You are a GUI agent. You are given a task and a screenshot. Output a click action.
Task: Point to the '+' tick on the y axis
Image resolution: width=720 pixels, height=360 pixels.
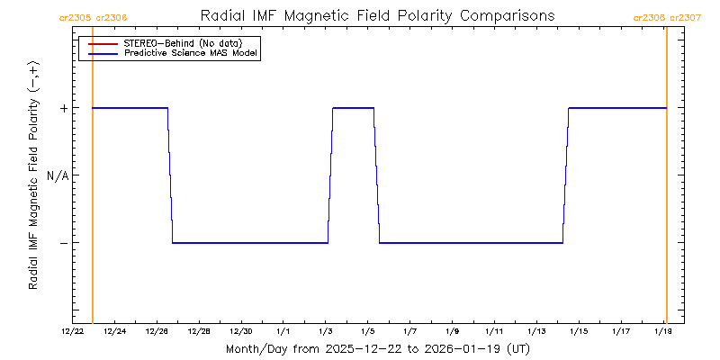click(63, 108)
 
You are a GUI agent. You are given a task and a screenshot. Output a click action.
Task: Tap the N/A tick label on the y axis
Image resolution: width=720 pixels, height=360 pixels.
click(58, 175)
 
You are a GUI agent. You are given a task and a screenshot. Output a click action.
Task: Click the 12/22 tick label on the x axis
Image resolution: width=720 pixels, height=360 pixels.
click(73, 331)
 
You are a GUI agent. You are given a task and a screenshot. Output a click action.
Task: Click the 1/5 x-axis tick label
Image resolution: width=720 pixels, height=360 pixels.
click(367, 331)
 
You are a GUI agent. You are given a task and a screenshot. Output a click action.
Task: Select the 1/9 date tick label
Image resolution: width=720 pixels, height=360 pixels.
click(452, 331)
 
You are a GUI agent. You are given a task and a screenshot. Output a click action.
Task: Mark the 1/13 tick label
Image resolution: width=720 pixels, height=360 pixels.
click(535, 331)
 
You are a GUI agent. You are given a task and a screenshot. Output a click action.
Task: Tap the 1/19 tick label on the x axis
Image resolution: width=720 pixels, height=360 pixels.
click(662, 331)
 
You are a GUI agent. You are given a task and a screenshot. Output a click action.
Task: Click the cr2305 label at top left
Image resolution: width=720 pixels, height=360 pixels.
click(74, 17)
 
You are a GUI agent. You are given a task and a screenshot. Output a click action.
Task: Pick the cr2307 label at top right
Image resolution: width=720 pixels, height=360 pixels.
click(685, 17)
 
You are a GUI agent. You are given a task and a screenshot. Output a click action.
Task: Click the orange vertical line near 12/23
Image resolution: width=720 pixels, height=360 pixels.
click(93, 180)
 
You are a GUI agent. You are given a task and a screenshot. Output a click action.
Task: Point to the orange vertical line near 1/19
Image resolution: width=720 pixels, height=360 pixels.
click(666, 180)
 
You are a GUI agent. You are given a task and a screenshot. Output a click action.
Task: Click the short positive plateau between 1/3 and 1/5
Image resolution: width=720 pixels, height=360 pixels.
click(353, 108)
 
